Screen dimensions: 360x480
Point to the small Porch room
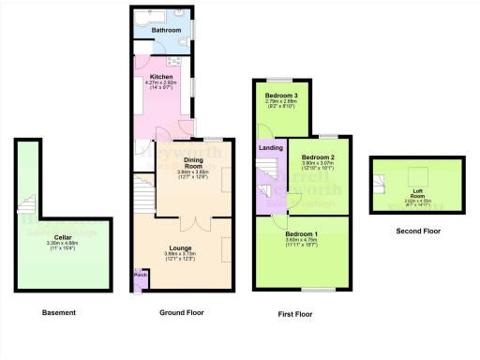[141, 275]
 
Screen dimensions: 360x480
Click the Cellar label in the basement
[63, 237]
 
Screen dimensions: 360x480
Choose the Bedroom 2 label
[318, 157]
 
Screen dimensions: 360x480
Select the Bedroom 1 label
[302, 232]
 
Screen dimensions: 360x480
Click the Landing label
[271, 145]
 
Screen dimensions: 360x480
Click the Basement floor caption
[58, 311]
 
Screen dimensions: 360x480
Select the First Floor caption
[296, 314]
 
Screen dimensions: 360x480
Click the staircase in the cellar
[30, 206]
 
